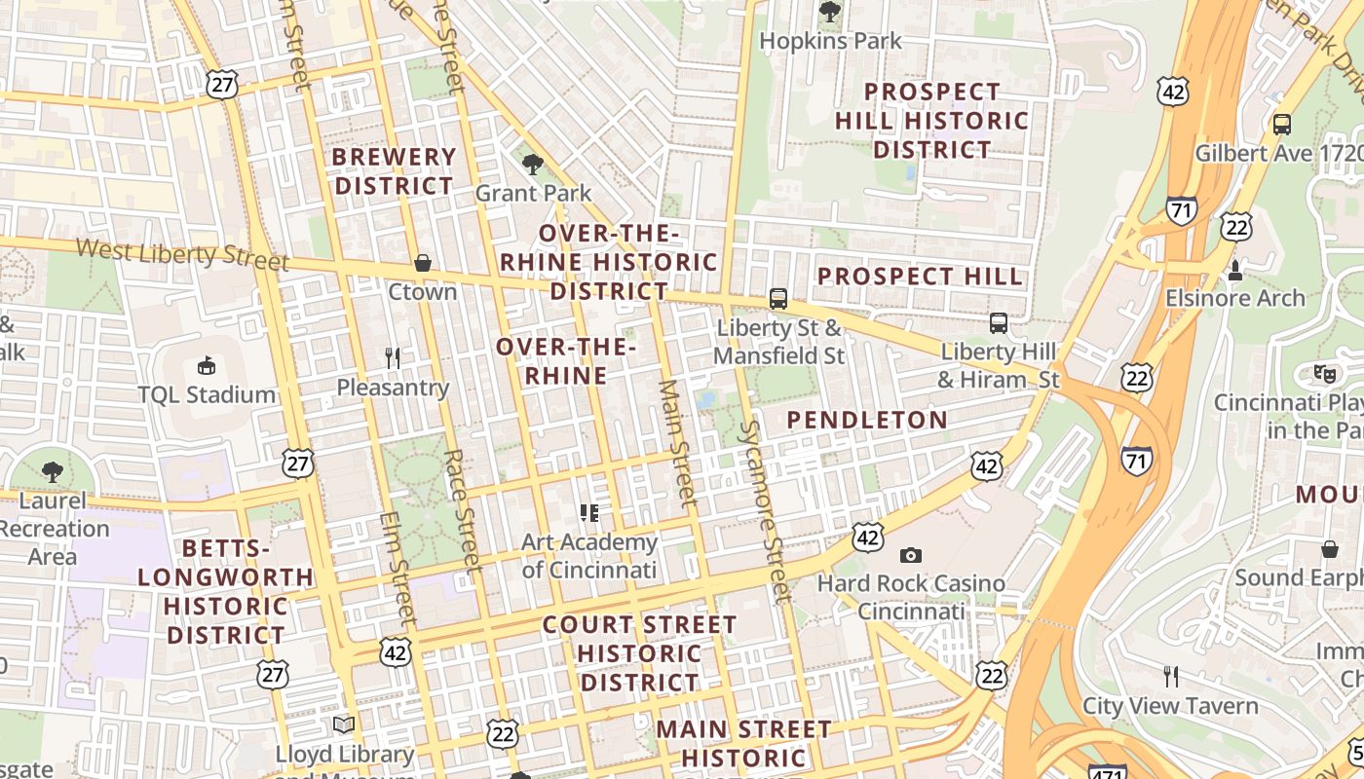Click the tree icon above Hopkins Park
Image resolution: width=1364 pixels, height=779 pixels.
click(830, 12)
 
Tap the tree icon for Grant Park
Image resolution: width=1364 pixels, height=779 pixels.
click(532, 164)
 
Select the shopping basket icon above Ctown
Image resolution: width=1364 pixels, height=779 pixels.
click(423, 263)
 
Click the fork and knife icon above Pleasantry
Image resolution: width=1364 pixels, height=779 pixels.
click(393, 358)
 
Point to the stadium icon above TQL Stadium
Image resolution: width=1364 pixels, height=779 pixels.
click(207, 366)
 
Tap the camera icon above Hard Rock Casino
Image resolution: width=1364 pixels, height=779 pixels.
click(911, 555)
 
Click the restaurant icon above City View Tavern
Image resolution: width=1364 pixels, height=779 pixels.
click(1171, 676)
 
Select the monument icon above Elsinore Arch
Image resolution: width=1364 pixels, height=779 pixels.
click(1235, 270)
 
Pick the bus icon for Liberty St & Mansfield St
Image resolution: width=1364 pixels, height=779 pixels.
click(778, 299)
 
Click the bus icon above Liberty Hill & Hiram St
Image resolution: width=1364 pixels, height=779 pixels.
click(999, 323)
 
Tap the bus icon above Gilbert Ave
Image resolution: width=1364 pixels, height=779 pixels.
click(1282, 125)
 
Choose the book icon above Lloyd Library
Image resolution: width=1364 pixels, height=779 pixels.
click(344, 725)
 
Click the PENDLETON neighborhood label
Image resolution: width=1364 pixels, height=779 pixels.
click(866, 420)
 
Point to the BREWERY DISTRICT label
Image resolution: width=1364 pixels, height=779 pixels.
click(394, 171)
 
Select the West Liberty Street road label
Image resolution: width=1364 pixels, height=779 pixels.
click(182, 254)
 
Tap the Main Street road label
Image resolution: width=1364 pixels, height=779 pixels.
click(678, 443)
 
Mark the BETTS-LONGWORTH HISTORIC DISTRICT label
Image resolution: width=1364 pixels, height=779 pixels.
click(225, 591)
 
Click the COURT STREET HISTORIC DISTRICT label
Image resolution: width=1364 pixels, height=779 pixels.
click(639, 652)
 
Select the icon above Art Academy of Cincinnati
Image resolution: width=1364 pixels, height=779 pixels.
click(589, 512)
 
